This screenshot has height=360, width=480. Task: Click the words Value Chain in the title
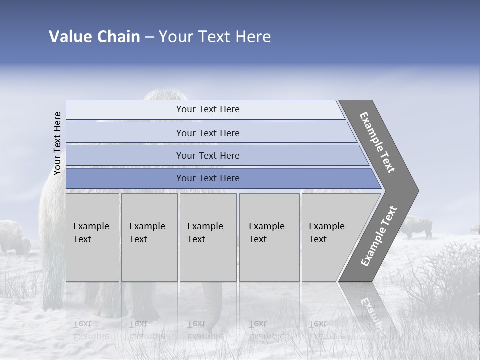(94, 37)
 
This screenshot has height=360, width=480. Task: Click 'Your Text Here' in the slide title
(215, 37)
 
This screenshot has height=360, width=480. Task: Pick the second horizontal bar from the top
(207, 133)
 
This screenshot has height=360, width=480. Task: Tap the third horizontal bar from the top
(207, 155)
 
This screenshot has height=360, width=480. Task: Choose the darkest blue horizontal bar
(207, 178)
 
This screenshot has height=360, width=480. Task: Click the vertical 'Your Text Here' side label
(57, 144)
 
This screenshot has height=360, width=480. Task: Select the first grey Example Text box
(92, 237)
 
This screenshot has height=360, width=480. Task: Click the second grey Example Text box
(149, 237)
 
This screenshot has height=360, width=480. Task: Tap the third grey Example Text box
(208, 237)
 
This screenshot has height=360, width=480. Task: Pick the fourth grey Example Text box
(269, 237)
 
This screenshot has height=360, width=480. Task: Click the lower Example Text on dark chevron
(379, 236)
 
